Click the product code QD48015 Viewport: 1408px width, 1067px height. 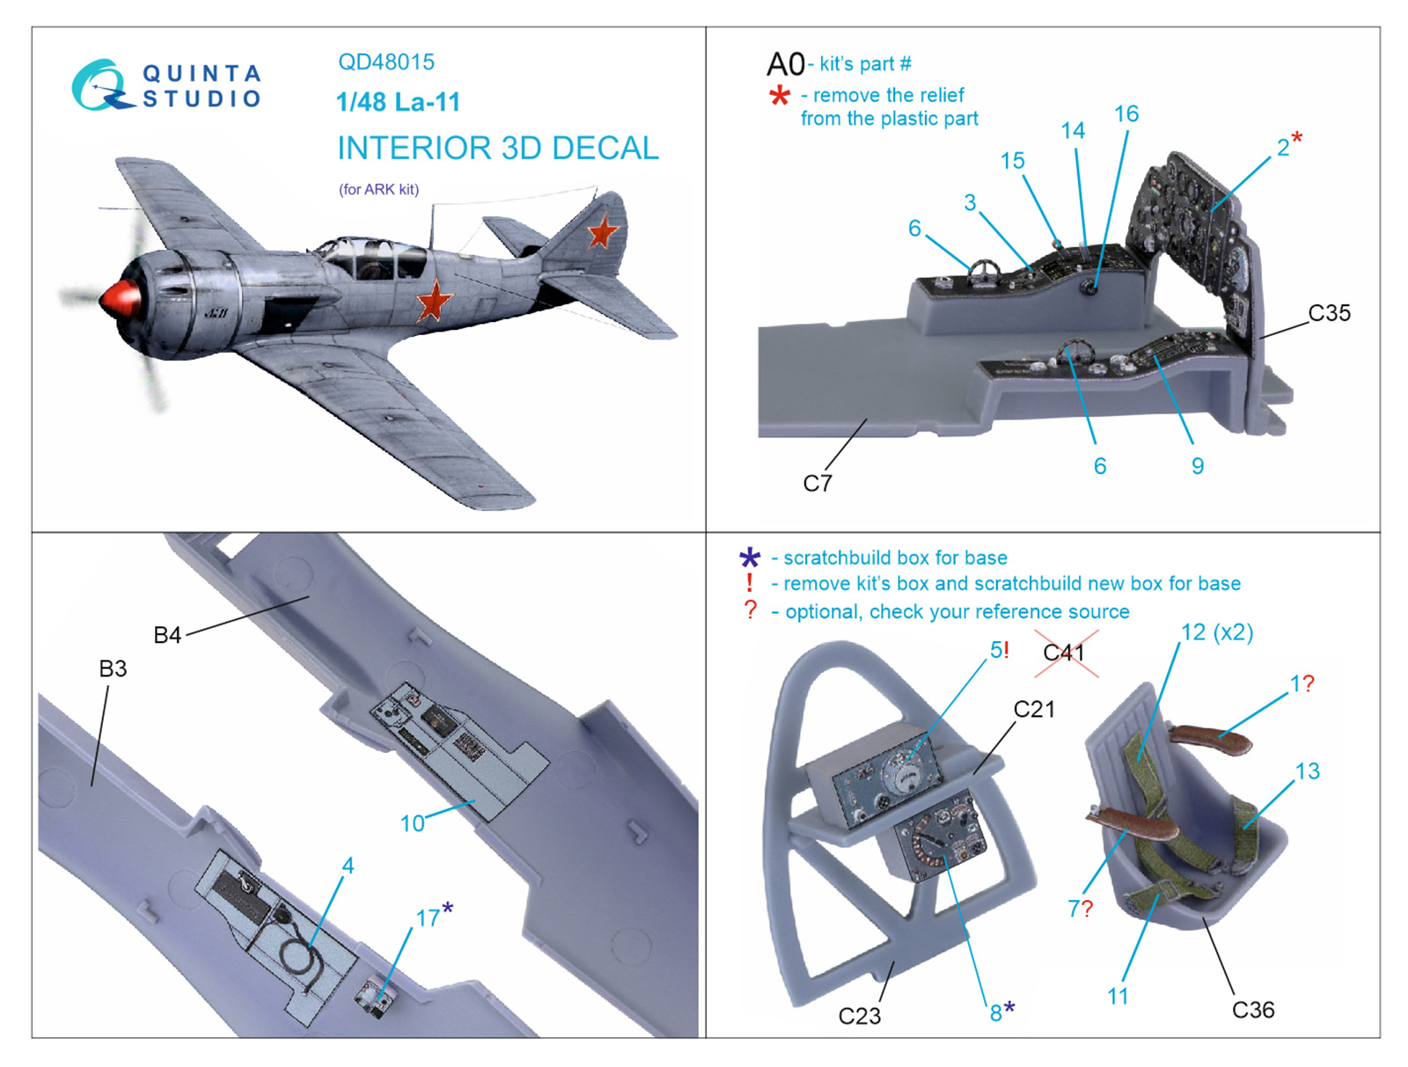coord(386,62)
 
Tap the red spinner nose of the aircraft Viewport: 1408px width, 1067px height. coord(120,302)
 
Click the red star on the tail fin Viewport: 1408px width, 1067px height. coord(601,230)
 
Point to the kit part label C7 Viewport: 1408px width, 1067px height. coord(818,483)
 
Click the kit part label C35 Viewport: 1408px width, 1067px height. coord(1329,313)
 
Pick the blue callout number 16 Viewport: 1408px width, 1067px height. coord(1126,114)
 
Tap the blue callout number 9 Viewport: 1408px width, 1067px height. coord(1197,466)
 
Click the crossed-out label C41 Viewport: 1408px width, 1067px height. coord(1064,653)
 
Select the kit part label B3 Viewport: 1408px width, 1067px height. coord(113,669)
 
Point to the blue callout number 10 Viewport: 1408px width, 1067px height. coord(412,823)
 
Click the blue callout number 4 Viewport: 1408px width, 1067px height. coord(348,865)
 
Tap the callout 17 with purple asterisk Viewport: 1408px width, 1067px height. coord(434,917)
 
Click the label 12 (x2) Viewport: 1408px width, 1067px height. coord(1217,632)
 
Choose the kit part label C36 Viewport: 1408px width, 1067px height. coord(1253,1010)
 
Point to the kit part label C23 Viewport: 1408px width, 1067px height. coord(860,1016)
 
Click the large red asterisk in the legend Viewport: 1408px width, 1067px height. coord(780,97)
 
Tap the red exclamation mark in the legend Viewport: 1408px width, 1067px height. coord(749,583)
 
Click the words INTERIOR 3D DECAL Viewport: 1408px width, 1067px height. coord(498,148)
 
